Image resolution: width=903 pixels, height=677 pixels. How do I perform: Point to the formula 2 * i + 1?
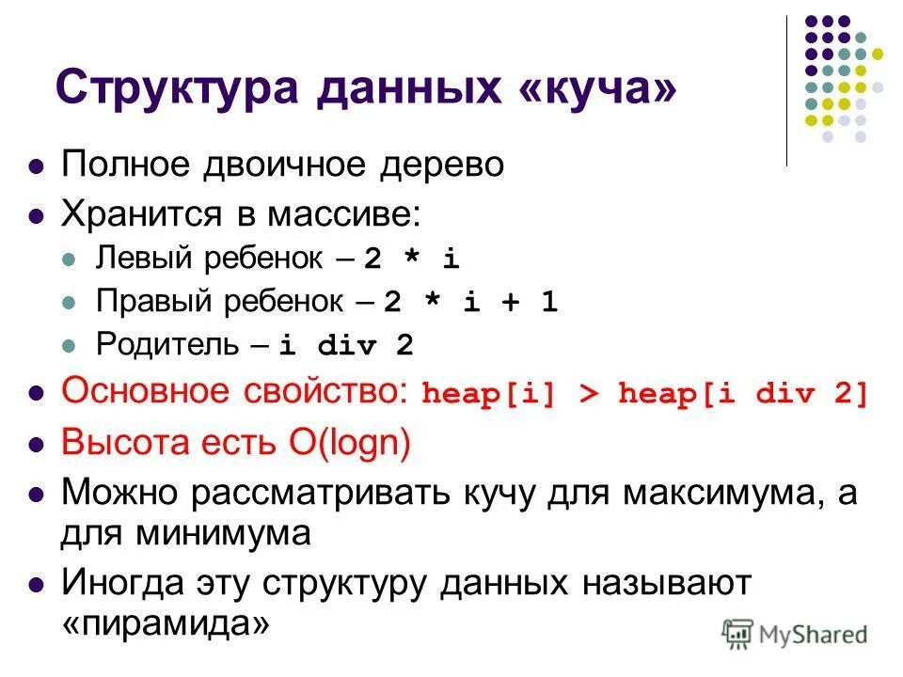click(x=471, y=302)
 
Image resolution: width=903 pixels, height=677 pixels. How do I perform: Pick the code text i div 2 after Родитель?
click(x=346, y=345)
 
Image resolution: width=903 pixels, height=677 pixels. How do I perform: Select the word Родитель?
click(x=167, y=345)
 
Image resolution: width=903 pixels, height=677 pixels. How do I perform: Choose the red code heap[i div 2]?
click(x=744, y=395)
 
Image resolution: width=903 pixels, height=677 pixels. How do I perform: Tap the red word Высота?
click(x=123, y=443)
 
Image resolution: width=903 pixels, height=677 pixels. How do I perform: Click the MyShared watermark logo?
click(x=795, y=635)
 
